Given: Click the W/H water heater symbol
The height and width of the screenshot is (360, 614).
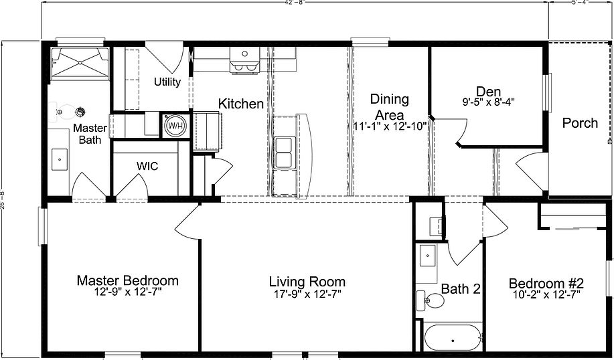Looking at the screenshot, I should pyautogui.click(x=175, y=125).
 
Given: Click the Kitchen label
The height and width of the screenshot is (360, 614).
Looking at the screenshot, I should pyautogui.click(x=241, y=104).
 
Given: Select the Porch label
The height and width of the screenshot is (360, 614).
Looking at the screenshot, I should pyautogui.click(x=580, y=122).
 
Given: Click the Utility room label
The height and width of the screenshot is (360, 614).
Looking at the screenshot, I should pyautogui.click(x=167, y=82).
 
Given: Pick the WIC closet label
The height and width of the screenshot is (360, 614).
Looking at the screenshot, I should pyautogui.click(x=147, y=165).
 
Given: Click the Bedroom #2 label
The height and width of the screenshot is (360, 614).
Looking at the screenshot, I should pyautogui.click(x=547, y=282).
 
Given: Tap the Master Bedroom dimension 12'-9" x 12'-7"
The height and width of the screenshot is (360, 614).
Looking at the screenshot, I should pyautogui.click(x=127, y=292).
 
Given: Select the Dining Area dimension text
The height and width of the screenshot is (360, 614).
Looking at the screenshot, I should pyautogui.click(x=390, y=126).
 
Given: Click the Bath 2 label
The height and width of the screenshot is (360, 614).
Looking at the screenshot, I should pyautogui.click(x=461, y=289).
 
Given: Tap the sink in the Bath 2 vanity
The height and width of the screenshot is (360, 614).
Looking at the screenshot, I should pyautogui.click(x=427, y=256).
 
